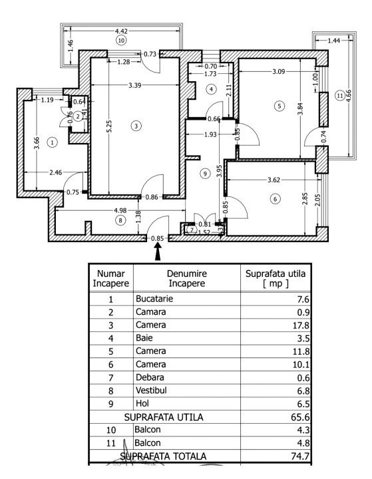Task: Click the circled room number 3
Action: click(x=136, y=125)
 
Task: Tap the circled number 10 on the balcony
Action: click(x=120, y=40)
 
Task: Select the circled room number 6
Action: click(x=274, y=198)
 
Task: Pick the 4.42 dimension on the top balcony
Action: click(x=122, y=31)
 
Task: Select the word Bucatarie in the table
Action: click(x=154, y=299)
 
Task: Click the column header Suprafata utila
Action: click(x=274, y=278)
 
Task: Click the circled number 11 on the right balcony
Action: click(x=340, y=96)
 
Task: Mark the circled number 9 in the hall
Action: click(x=205, y=174)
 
